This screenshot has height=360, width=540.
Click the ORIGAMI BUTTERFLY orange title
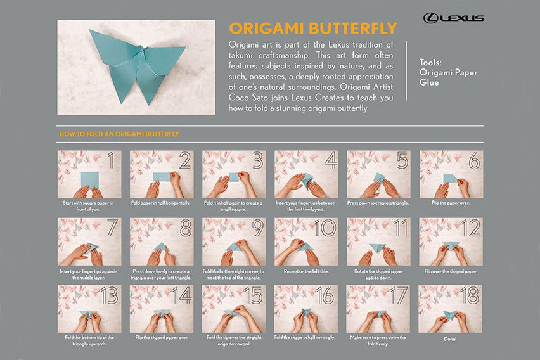[313, 29]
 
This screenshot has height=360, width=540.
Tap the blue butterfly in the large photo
[136, 63]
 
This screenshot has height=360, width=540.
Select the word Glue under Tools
[430, 82]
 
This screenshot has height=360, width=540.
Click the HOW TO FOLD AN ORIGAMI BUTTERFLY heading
[119, 134]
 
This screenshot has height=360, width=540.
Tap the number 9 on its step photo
[257, 228]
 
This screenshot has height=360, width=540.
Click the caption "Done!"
[451, 338]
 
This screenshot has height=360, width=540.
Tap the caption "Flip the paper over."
[451, 203]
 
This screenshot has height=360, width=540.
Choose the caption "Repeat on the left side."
[306, 270]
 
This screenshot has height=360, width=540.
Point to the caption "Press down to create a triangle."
[378, 203]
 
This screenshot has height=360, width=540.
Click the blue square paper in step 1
[90, 179]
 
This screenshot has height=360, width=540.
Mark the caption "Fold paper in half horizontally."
[162, 203]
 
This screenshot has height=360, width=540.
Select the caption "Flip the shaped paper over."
[162, 338]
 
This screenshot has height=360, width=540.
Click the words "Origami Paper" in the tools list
[448, 73]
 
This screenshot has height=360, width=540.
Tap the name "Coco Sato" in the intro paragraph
[249, 100]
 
